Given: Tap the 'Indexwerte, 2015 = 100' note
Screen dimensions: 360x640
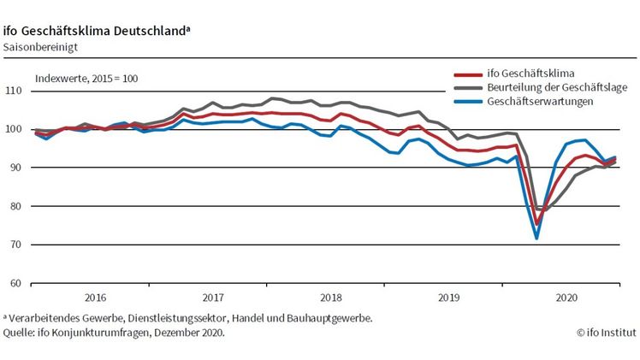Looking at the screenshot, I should pos(86,79).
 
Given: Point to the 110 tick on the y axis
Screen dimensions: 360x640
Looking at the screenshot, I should pos(14,91).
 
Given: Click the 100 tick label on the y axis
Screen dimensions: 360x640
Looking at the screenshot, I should pos(14,129).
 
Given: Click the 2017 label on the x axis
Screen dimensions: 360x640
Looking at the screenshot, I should pos(213,298).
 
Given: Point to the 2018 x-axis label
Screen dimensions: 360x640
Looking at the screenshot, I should pos(330,298).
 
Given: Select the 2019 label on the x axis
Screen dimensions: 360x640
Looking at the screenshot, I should pos(448,298).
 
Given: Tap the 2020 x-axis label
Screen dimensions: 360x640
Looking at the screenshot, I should pos(566,298).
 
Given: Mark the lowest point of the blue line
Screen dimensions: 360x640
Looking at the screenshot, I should pos(537,239).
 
